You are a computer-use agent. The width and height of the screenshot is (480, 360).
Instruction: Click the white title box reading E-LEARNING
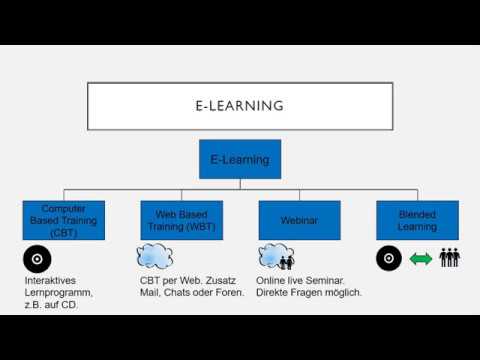(x=239, y=106)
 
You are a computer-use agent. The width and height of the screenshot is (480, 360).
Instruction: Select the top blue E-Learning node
(x=240, y=159)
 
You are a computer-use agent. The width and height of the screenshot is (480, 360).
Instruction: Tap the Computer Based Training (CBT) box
(x=64, y=220)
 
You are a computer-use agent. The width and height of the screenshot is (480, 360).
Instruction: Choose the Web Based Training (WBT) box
(x=181, y=220)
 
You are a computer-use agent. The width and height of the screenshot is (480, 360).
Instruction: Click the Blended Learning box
(x=417, y=220)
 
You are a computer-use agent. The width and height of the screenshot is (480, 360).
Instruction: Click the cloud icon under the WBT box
(x=154, y=258)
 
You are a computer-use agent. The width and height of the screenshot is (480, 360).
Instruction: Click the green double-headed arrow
(x=421, y=259)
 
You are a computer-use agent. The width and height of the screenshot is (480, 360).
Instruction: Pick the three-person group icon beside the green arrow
(x=450, y=258)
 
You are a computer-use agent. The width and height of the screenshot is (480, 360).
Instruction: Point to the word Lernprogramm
(x=59, y=293)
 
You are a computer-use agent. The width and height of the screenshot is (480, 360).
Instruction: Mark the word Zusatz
(x=226, y=281)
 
